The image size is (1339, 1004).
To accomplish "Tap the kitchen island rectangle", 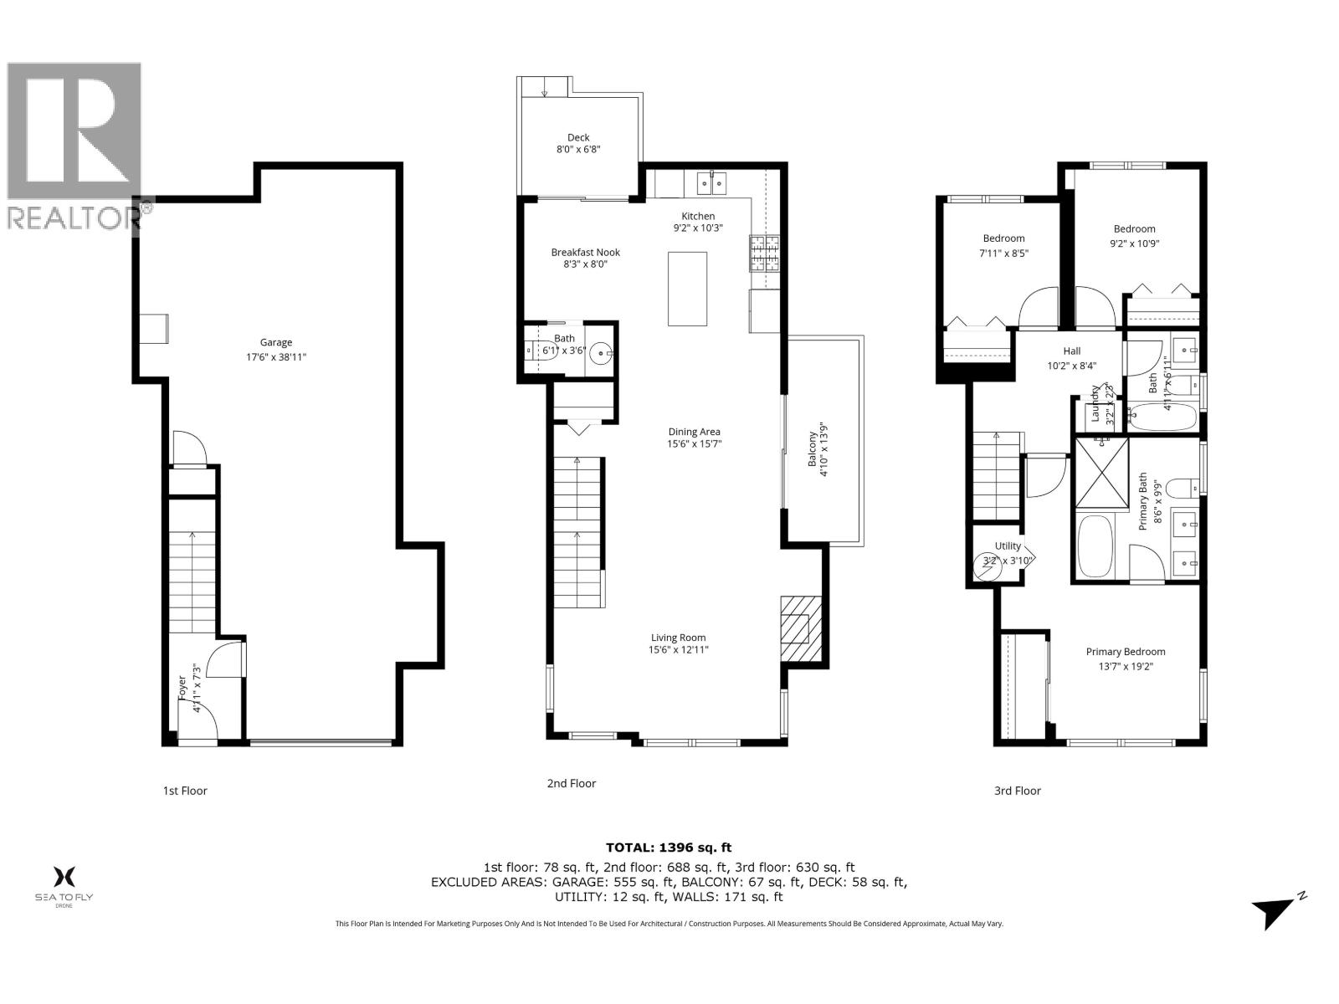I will click(687, 289).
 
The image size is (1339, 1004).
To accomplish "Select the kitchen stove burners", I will click(764, 254).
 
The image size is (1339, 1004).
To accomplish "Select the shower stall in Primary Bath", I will click(1101, 473).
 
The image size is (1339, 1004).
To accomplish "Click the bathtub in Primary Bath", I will click(1095, 546).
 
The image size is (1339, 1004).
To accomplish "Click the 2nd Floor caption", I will click(572, 783).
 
